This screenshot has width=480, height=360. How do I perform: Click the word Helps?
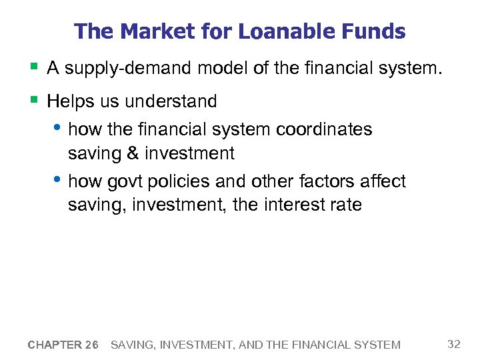(x=70, y=101)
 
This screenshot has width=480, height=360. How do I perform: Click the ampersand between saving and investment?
(x=133, y=153)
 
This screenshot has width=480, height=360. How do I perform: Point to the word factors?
(x=328, y=181)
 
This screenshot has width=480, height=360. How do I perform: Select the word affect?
(x=383, y=181)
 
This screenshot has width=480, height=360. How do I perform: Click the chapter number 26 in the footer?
(x=91, y=345)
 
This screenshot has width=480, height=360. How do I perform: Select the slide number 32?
(x=454, y=344)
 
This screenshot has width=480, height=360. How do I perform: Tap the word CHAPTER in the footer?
(x=54, y=345)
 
